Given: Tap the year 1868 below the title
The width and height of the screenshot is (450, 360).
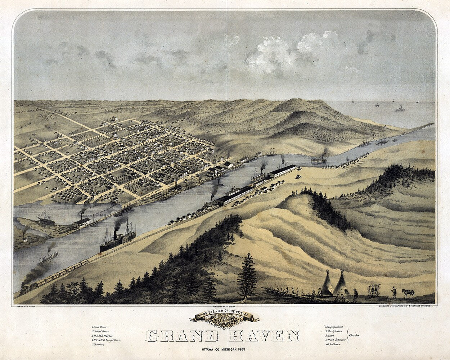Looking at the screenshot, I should pos(242,350).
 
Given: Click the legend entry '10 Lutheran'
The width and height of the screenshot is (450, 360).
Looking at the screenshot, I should pos(334,344).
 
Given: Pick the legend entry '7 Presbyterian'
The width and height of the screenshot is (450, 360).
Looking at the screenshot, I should pos(336,331).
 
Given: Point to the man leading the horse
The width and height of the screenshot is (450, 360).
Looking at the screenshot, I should pos(394,292).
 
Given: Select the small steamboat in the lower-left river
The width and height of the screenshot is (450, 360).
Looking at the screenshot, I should pos(49,257).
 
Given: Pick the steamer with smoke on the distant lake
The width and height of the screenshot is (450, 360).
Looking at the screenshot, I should pos(400,108).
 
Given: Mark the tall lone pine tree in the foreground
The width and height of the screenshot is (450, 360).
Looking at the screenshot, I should pos(247,275).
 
